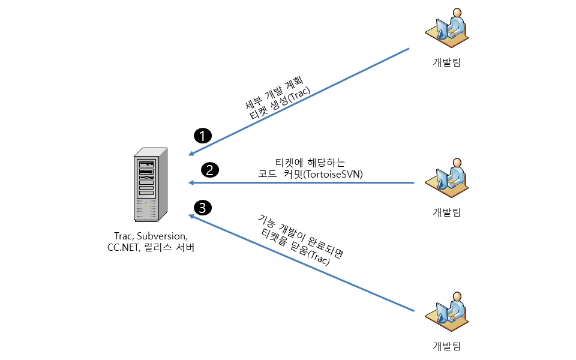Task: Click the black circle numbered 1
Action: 204,135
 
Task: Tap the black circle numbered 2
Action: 209,170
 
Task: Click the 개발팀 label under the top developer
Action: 447,62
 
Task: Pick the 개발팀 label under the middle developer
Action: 447,211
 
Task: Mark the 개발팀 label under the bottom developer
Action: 447,346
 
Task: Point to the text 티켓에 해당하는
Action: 310,162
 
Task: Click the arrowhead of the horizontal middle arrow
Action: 191,182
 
